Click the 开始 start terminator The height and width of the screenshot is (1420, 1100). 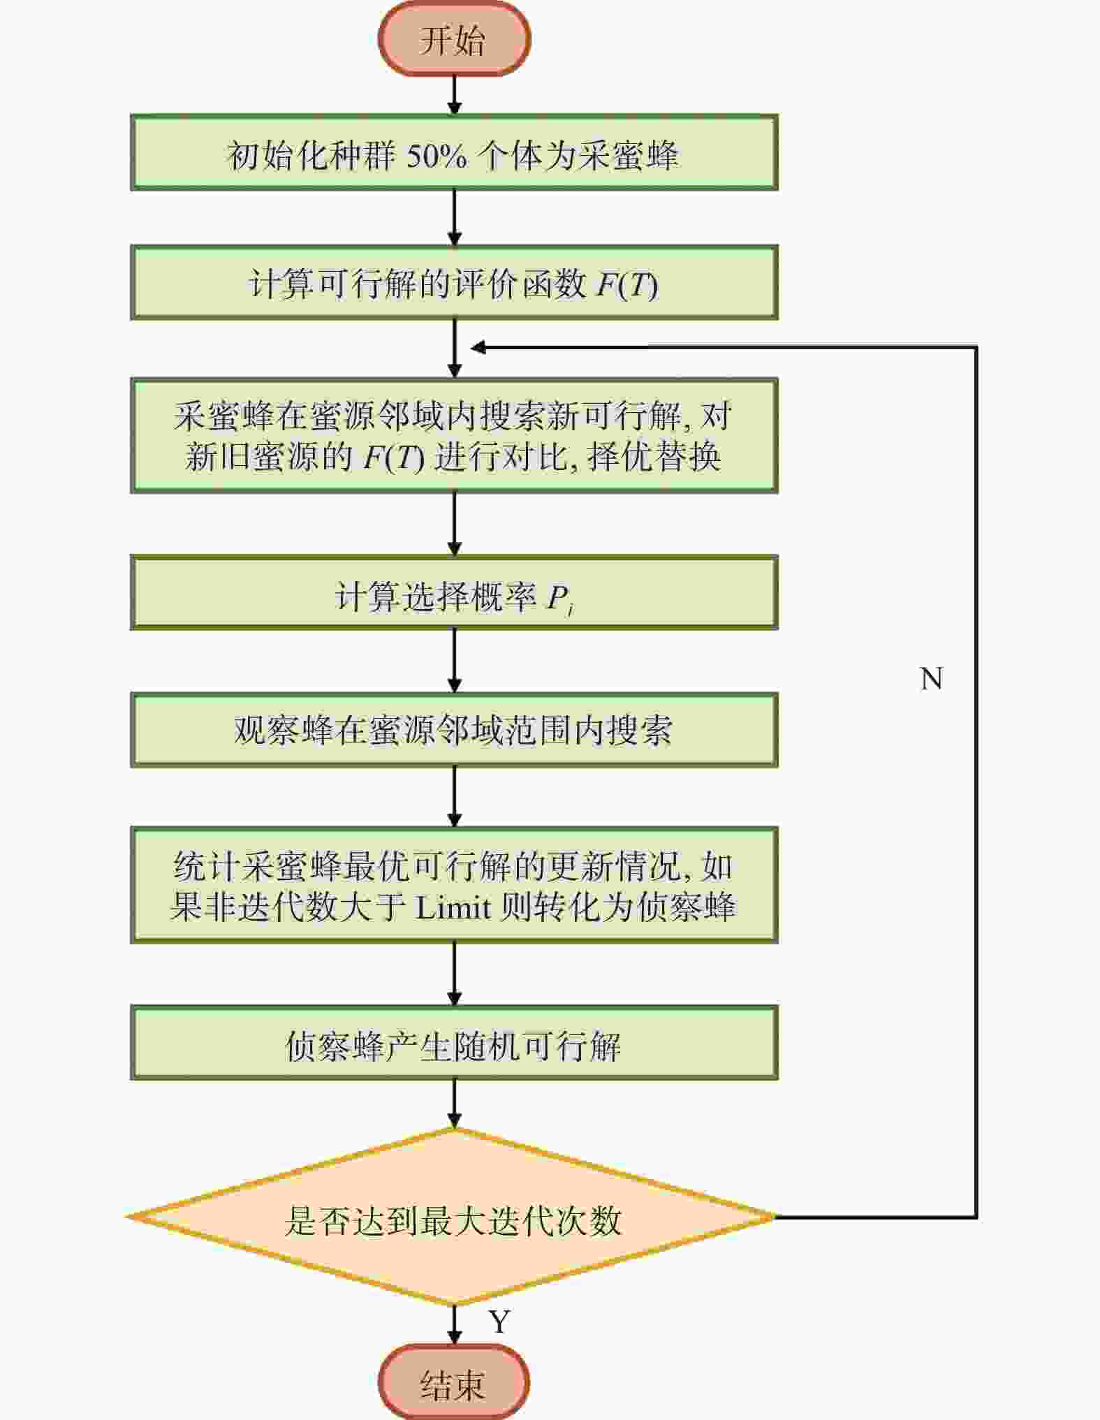click(454, 39)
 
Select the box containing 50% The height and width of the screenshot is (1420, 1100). click(454, 153)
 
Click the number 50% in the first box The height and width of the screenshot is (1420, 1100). click(437, 155)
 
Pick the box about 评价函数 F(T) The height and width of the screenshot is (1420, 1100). click(454, 283)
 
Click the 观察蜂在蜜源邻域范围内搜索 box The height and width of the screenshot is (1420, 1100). click(454, 730)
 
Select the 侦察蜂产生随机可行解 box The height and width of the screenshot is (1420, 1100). click(454, 1044)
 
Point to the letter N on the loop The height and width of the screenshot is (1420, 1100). click(932, 678)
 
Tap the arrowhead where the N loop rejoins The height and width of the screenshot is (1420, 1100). click(478, 347)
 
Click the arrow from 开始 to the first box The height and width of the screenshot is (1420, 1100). click(454, 95)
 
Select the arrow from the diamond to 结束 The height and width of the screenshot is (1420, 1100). click(454, 1326)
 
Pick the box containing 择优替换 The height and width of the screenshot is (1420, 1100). click(454, 436)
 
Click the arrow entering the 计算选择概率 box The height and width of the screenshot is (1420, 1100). click(454, 525)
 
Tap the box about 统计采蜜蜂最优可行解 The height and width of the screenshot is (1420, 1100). click(454, 886)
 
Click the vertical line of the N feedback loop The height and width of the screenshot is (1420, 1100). click(976, 782)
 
